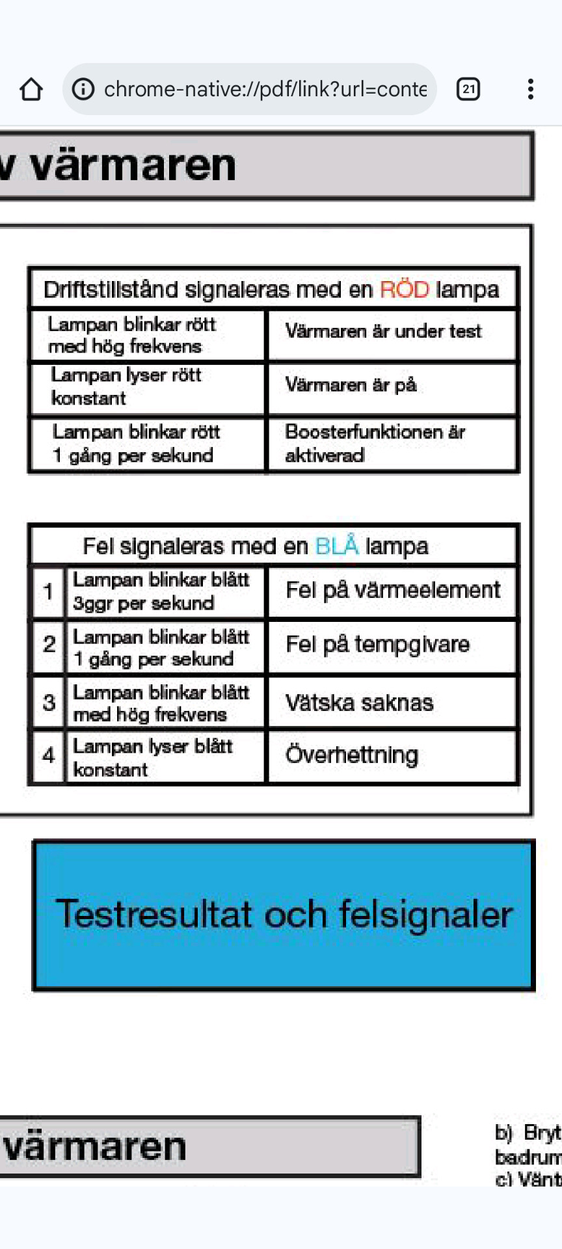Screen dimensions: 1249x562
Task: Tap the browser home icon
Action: [31, 89]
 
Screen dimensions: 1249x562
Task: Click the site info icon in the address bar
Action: [83, 89]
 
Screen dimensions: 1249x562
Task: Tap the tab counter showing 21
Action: [468, 89]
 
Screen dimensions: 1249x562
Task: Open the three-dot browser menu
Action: [531, 89]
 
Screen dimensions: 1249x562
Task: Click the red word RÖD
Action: [404, 289]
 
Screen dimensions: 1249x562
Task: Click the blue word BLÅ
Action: [336, 546]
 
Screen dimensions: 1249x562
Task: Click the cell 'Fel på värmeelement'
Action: [393, 590]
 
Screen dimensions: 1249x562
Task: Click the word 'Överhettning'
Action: [351, 755]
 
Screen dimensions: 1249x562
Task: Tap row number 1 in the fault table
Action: [48, 591]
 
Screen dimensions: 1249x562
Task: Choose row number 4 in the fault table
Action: [48, 755]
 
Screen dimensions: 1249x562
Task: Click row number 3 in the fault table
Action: [48, 703]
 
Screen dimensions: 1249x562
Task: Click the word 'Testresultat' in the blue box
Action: [154, 914]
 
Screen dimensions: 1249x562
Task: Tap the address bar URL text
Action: [265, 89]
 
